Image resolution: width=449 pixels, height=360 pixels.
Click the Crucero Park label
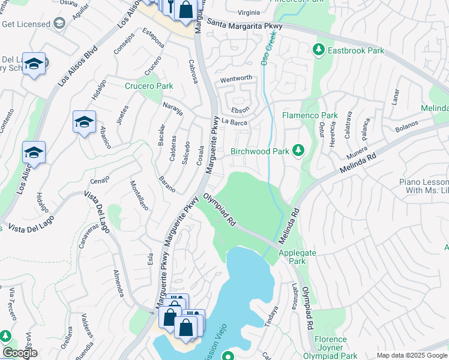click(148, 86)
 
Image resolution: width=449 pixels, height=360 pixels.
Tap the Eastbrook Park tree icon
click(320, 51)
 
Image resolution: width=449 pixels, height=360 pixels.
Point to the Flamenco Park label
click(310, 115)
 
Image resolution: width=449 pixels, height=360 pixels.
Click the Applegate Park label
click(297, 257)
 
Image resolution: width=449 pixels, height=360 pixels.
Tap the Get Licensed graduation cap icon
click(59, 23)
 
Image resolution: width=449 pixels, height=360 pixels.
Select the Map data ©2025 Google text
click(412, 355)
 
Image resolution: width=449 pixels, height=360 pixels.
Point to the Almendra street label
click(118, 283)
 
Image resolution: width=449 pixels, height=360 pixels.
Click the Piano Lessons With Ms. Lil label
click(424, 186)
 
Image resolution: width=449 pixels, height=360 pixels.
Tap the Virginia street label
click(249, 12)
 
